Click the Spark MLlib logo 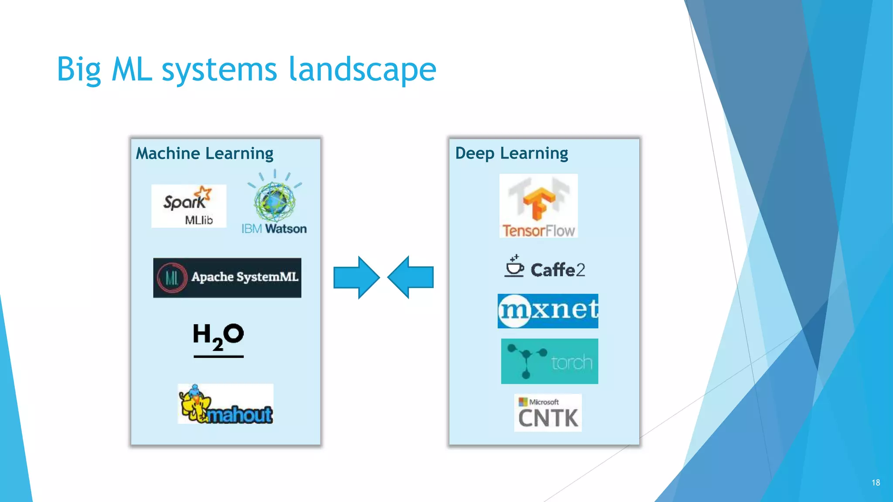[x=188, y=206]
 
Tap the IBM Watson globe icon [x=275, y=201]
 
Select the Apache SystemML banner [x=227, y=278]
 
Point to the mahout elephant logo [x=225, y=404]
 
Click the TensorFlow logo [x=539, y=206]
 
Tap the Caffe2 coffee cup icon [x=514, y=266]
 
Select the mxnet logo [x=548, y=311]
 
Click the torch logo [x=549, y=361]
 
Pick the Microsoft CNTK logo [x=548, y=413]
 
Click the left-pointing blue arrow [x=411, y=277]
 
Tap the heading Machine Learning [x=205, y=153]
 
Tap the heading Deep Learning [x=511, y=153]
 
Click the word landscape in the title [x=362, y=70]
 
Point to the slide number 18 [x=876, y=482]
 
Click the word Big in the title [x=79, y=70]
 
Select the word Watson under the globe [x=286, y=229]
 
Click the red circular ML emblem [x=172, y=278]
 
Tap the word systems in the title [x=219, y=70]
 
